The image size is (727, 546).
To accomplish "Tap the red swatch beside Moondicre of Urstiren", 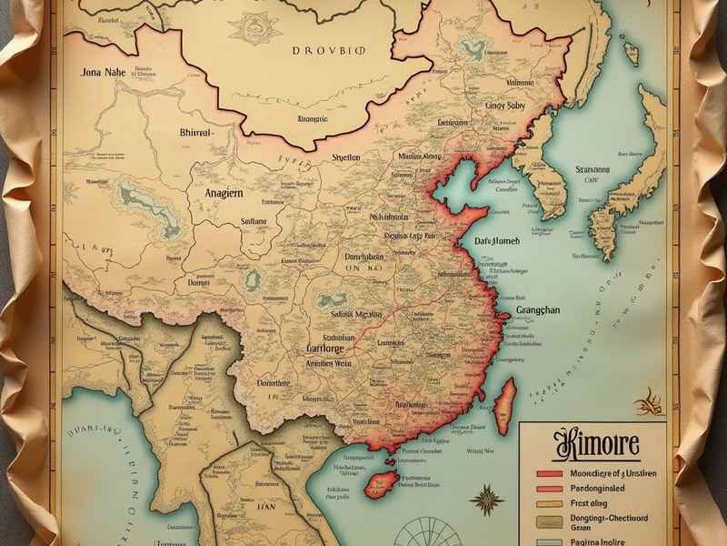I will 553,474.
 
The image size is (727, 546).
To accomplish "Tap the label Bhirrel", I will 194,134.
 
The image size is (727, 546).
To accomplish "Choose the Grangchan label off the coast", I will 549,309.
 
